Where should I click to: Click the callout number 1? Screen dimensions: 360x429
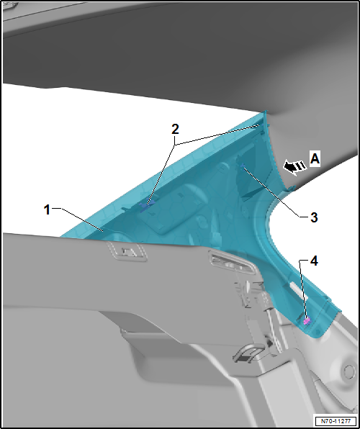click(x=47, y=210)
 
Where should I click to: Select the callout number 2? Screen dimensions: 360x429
click(x=175, y=129)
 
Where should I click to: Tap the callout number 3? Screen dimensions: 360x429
click(x=314, y=217)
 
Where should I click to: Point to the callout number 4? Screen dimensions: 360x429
click(x=314, y=261)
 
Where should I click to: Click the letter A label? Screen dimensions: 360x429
click(x=315, y=158)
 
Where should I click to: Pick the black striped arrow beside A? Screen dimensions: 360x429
click(x=294, y=166)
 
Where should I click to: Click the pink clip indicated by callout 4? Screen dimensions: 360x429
click(x=307, y=320)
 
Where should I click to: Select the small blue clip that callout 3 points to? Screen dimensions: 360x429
click(x=243, y=166)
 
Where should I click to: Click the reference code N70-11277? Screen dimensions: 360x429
click(x=335, y=420)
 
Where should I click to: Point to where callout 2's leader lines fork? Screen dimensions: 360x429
click(x=175, y=144)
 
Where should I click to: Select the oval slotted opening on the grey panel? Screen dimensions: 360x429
click(x=232, y=263)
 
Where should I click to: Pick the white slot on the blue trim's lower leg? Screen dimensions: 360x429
click(x=298, y=291)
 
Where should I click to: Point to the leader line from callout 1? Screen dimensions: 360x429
click(x=81, y=220)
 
